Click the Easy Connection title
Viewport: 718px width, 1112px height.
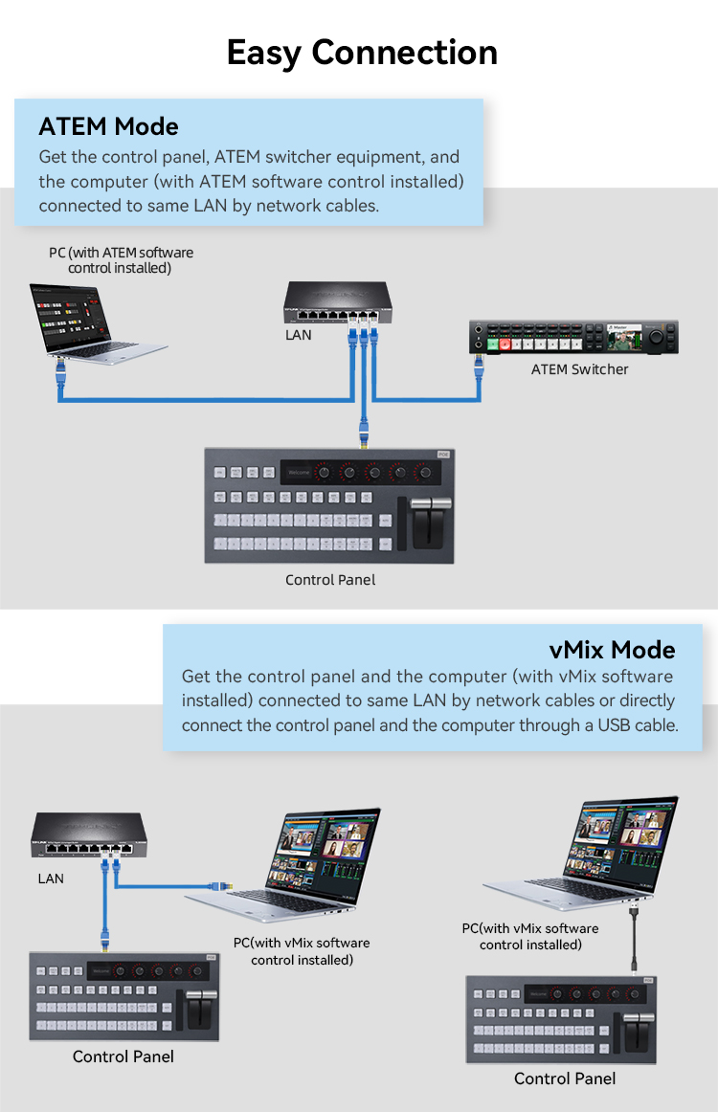[x=361, y=53]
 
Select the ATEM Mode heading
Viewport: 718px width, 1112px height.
[x=108, y=126]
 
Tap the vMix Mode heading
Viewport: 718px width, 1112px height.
[x=612, y=651]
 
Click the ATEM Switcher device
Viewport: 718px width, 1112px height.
[x=573, y=338]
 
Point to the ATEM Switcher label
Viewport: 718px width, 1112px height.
[x=579, y=369]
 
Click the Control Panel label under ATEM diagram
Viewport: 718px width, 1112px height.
[x=330, y=580]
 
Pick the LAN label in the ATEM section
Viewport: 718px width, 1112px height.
[x=298, y=336]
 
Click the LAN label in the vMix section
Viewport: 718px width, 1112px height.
[x=51, y=878]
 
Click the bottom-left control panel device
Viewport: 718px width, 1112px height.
[x=124, y=996]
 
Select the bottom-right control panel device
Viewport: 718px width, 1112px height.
[x=564, y=1019]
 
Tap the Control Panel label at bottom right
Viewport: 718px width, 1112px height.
[x=565, y=1079]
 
